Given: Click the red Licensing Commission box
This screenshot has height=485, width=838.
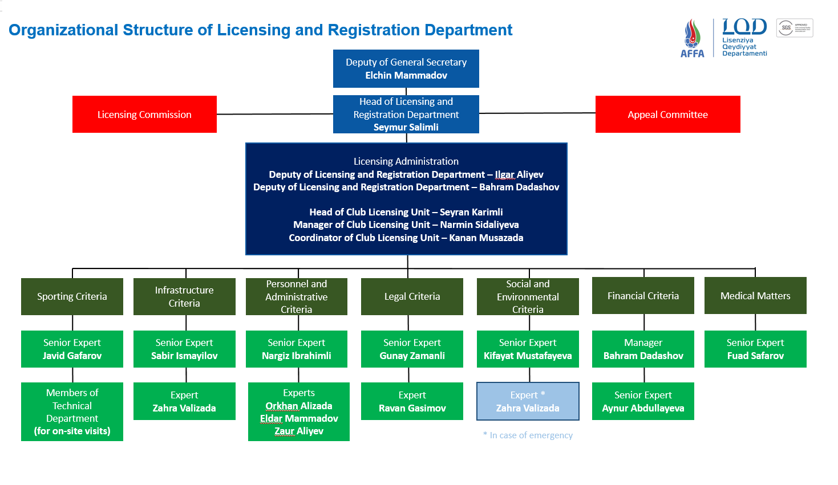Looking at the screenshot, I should tap(144, 115).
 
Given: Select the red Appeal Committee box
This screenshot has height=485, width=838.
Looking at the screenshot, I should tap(667, 115).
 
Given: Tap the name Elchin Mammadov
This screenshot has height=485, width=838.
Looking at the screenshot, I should tap(406, 75).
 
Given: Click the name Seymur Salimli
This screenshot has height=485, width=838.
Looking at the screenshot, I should tap(406, 127).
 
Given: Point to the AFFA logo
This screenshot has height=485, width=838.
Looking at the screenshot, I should tap(692, 38).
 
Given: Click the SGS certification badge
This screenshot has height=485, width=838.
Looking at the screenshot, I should tap(794, 28).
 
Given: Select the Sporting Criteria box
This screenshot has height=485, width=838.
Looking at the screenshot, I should tap(72, 296).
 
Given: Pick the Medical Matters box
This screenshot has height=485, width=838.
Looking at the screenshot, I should tap(755, 296).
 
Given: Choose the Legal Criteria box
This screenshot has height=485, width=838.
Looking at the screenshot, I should tap(412, 296).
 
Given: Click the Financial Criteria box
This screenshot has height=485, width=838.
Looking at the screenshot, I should tap(643, 296).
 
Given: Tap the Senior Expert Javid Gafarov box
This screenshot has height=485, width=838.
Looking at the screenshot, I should tap(72, 349).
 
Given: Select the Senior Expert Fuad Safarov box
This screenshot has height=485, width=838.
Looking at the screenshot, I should tap(755, 349).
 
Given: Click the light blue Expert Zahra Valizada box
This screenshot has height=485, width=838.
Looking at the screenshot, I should tap(528, 401).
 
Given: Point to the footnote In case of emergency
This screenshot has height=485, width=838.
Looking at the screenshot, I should tap(528, 435).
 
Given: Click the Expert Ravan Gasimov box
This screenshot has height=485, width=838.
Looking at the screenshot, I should tap(412, 401).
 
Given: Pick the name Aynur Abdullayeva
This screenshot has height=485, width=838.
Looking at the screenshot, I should tap(643, 408).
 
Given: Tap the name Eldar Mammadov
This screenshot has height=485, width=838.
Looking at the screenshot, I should tap(299, 418).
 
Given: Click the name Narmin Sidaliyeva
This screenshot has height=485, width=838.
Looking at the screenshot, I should tap(479, 225).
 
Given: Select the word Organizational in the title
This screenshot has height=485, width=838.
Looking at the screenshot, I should tap(63, 30).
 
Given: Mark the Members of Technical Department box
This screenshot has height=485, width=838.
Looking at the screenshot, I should tap(72, 411).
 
